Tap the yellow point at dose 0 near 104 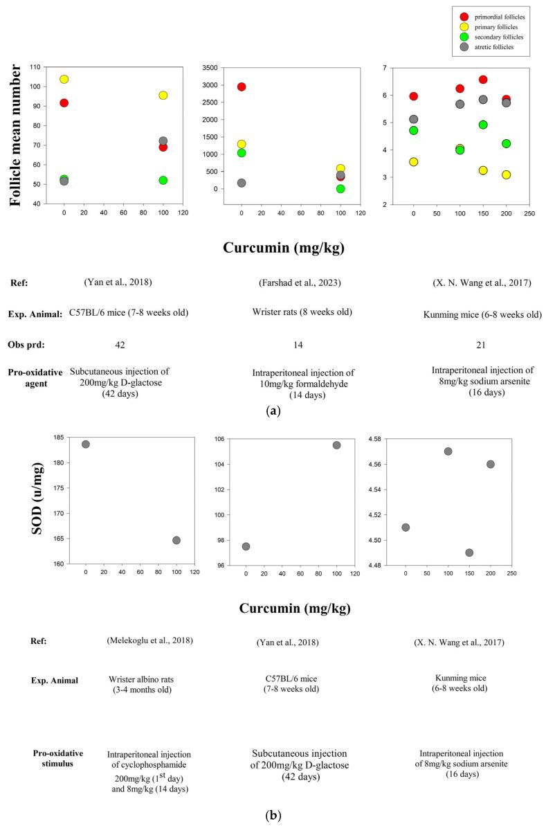64,79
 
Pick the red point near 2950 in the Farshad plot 242,87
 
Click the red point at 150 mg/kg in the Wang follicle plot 483,80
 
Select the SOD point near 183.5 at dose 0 86,444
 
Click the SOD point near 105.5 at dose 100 336,445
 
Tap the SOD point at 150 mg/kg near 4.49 469,553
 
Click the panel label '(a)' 273,411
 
